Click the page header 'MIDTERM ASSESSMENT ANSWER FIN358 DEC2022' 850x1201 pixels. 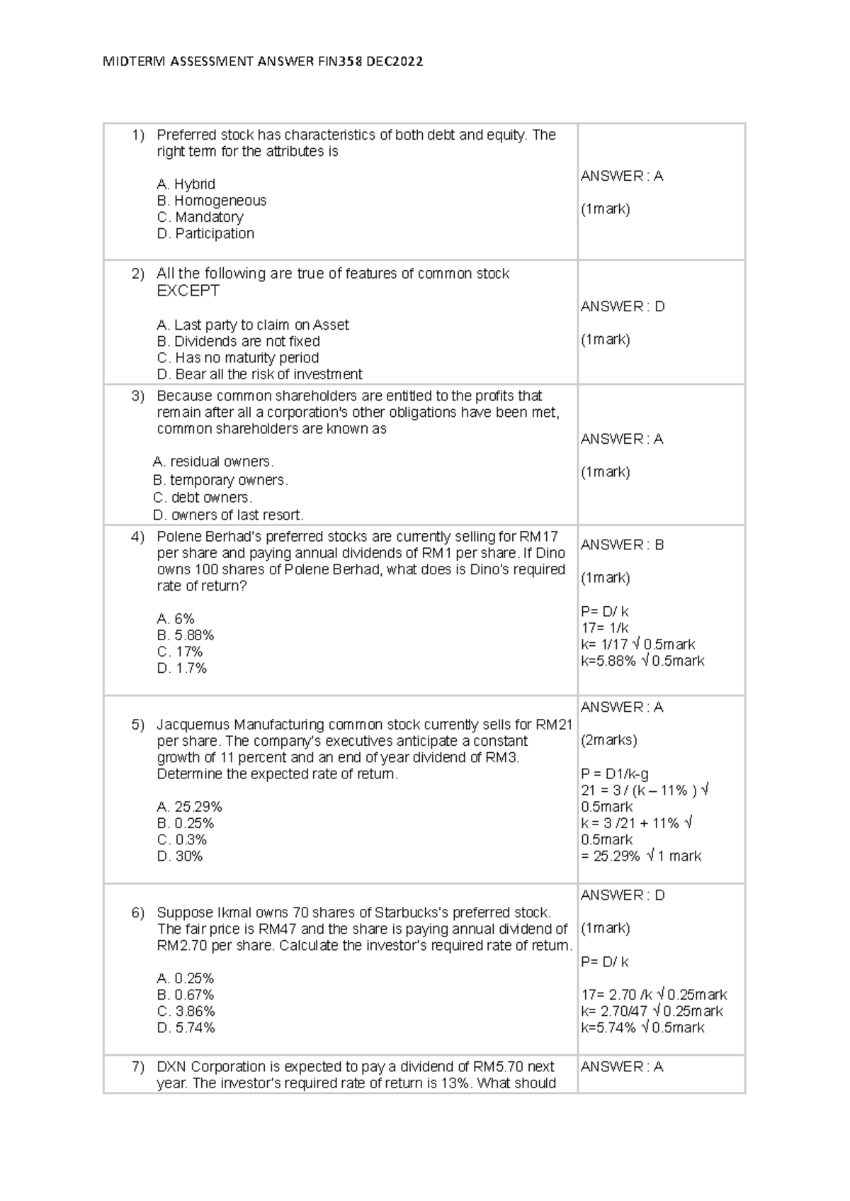coord(263,62)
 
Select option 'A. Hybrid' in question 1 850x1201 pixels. coord(186,184)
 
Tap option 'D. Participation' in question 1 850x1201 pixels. coord(205,234)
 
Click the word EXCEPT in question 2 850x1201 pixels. coord(188,291)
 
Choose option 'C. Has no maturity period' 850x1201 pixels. coord(237,358)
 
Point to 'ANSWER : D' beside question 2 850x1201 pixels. coord(623,307)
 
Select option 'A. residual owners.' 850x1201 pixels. coord(213,462)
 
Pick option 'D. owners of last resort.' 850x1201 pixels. coord(228,515)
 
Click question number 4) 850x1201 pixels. coord(137,537)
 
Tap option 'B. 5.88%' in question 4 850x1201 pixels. coord(186,635)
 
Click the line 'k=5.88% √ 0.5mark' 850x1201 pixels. coord(642,661)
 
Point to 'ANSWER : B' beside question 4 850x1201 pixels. coord(622,545)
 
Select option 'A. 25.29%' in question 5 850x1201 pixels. coord(189,807)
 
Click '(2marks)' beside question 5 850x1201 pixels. coord(608,740)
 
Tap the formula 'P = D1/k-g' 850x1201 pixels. coord(614,773)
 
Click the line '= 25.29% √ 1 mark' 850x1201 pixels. coord(641,856)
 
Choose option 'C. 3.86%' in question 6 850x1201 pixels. coord(186,1012)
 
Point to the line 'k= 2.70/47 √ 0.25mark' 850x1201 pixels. coord(652,1012)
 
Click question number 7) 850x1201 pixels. coord(137,1067)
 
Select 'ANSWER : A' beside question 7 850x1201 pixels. coord(622,1067)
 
